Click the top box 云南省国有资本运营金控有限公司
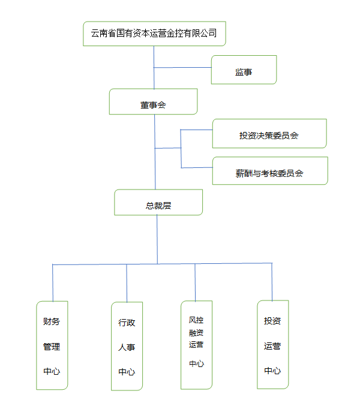pyautogui.click(x=154, y=34)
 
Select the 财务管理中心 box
pyautogui.click(x=52, y=345)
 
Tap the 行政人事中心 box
pyautogui.click(x=127, y=346)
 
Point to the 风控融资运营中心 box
pyautogui.click(x=196, y=344)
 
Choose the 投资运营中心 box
pyautogui.click(x=272, y=345)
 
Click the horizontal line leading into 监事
pyautogui.click(x=182, y=68)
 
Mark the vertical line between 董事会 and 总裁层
pyautogui.click(x=155, y=168)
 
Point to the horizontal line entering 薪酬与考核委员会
pyautogui.click(x=197, y=167)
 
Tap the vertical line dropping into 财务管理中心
pyautogui.click(x=53, y=282)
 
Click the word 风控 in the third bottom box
pyautogui.click(x=196, y=320)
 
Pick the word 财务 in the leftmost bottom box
pyautogui.click(x=52, y=321)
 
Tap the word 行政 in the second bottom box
pyautogui.click(x=127, y=323)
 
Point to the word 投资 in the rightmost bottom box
pyautogui.click(x=272, y=321)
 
